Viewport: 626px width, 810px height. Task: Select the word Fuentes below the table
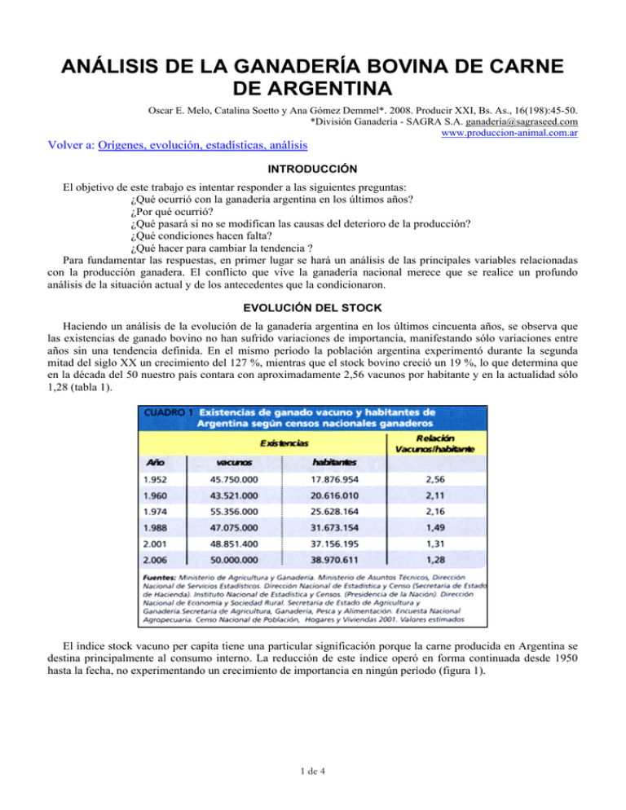coord(158,615)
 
